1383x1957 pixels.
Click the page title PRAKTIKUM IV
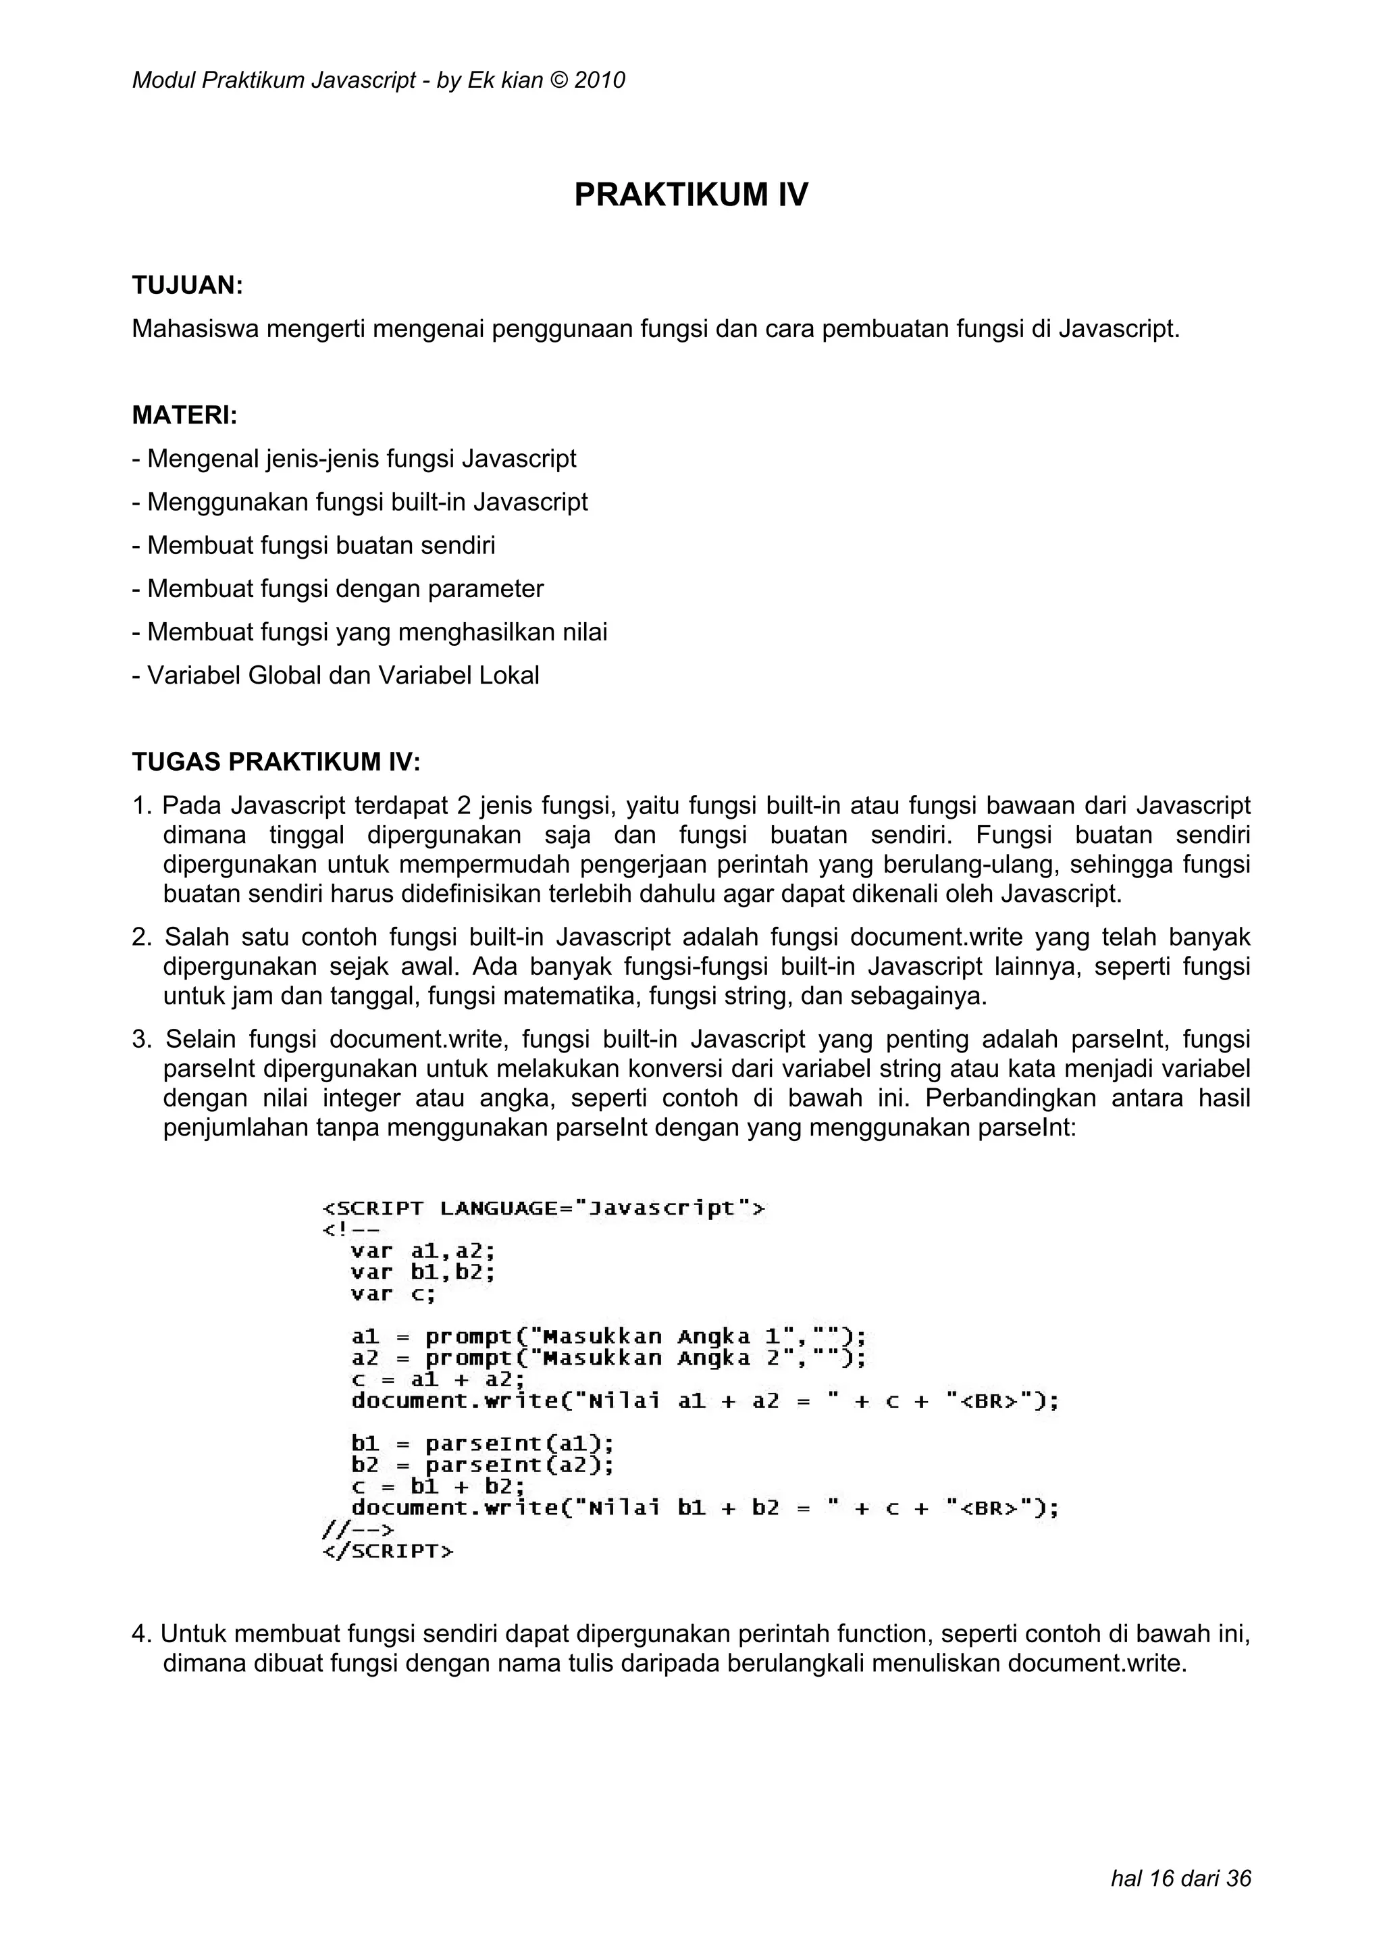point(690,195)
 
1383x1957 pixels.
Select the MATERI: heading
point(184,416)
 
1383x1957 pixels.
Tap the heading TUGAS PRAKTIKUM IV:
point(276,762)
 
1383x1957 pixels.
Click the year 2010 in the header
point(599,81)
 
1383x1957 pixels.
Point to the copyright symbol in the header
point(558,81)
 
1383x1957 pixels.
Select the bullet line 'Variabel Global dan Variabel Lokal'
point(336,676)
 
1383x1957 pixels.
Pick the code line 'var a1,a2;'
point(423,1251)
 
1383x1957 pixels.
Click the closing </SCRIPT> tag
point(388,1550)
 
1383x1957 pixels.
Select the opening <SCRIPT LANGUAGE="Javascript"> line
point(544,1208)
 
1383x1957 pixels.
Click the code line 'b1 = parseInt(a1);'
point(482,1444)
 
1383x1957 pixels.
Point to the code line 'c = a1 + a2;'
point(438,1379)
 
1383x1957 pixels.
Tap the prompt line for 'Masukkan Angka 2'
point(608,1358)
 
